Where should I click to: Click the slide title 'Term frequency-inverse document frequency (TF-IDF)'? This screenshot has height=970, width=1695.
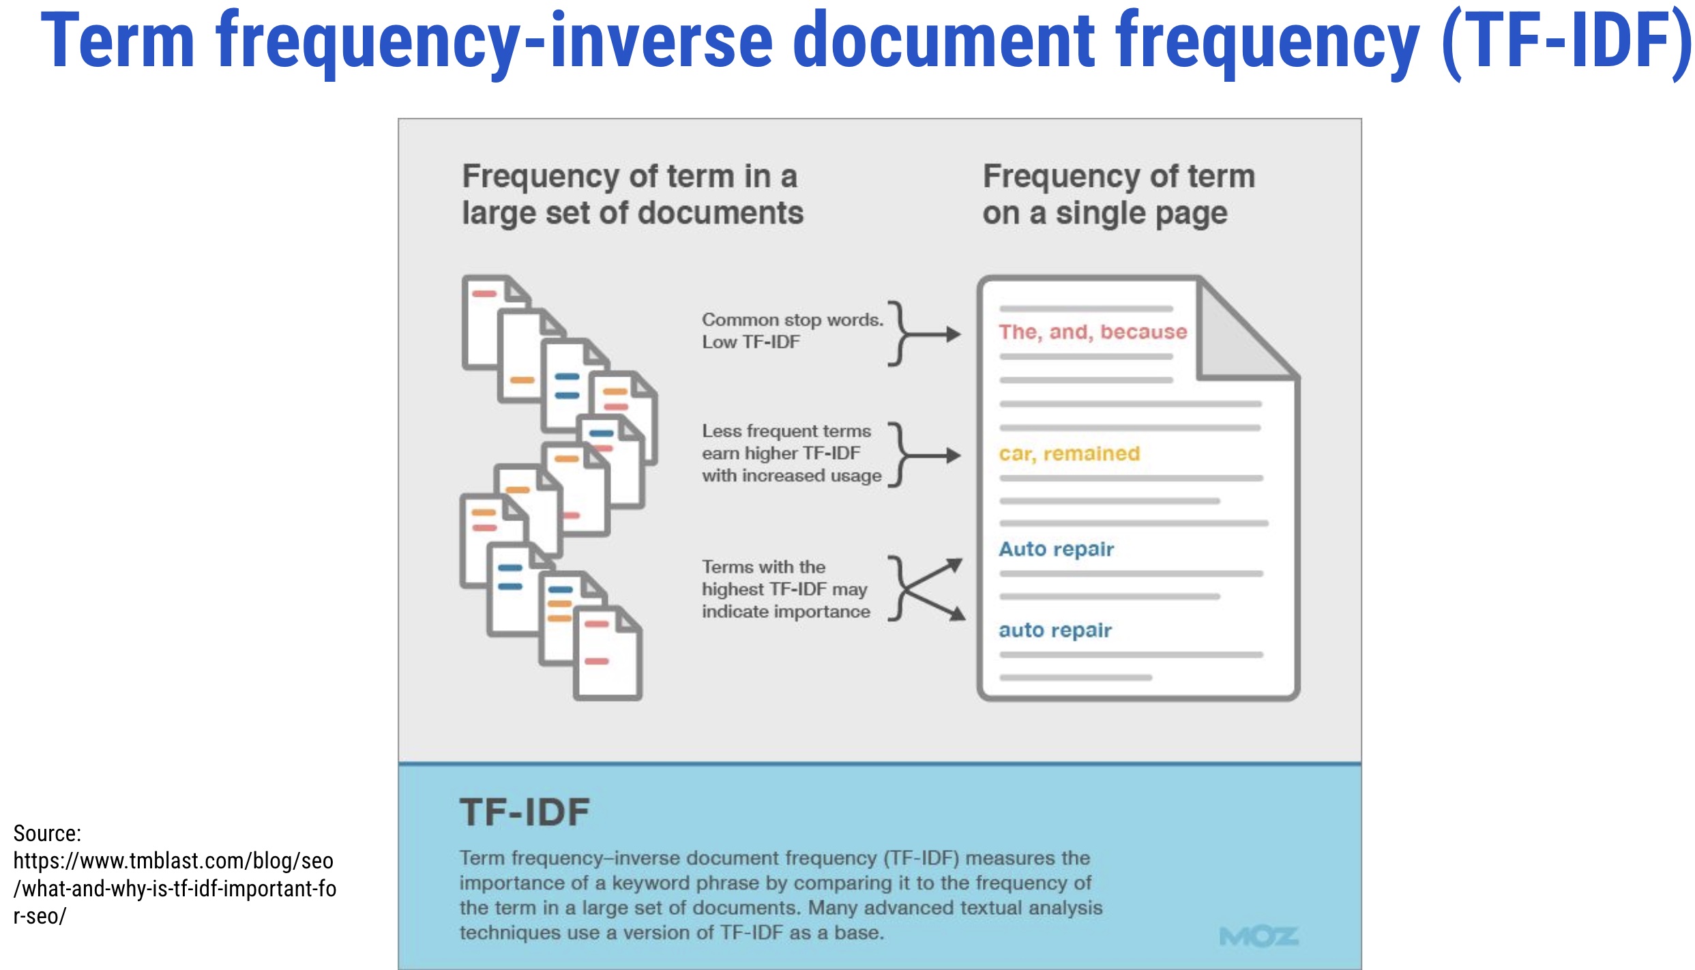pyautogui.click(x=865, y=42)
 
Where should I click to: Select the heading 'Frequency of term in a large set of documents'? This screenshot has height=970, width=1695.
pyautogui.click(x=632, y=194)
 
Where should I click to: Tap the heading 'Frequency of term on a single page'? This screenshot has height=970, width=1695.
pyautogui.click(x=1118, y=194)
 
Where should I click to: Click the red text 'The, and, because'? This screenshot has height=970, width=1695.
pyautogui.click(x=1093, y=332)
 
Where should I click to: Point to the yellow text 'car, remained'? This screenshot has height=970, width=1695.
pyautogui.click(x=1069, y=454)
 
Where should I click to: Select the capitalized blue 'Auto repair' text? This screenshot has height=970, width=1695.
pyautogui.click(x=1056, y=549)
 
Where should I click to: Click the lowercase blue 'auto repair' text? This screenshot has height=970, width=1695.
pyautogui.click(x=1055, y=630)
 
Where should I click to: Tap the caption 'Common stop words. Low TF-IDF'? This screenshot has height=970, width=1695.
pyautogui.click(x=792, y=331)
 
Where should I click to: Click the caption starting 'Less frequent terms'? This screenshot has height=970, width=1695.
pyautogui.click(x=791, y=454)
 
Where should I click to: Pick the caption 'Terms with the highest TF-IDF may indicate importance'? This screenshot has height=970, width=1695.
pyautogui.click(x=785, y=589)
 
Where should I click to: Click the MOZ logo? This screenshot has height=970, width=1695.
pyautogui.click(x=1258, y=937)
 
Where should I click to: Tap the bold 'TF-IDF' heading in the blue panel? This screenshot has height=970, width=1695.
pyautogui.click(x=525, y=812)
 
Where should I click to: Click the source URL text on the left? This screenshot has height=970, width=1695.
pyautogui.click(x=174, y=888)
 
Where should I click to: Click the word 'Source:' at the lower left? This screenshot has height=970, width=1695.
pyautogui.click(x=47, y=834)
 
